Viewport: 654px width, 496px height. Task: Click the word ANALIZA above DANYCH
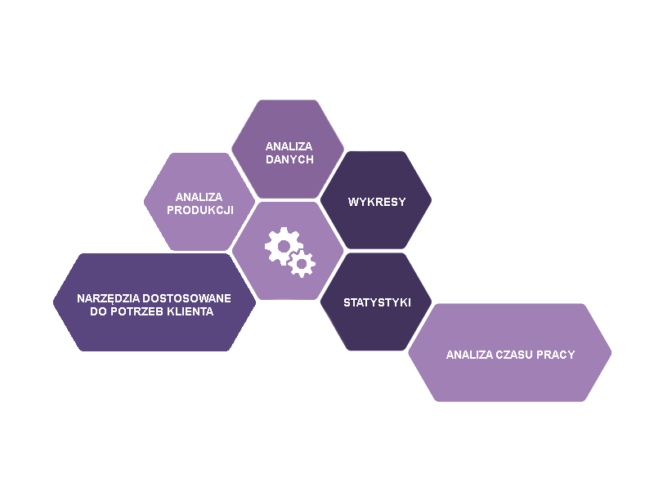[x=289, y=146]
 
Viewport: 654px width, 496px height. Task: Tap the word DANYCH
[x=289, y=159]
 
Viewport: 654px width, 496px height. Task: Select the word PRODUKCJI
[x=200, y=210]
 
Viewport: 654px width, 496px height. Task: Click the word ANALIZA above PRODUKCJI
[x=200, y=197]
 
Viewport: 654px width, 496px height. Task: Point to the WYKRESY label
[x=377, y=202]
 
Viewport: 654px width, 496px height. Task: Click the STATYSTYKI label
[x=377, y=303]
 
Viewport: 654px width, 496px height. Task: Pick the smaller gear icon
[x=302, y=263]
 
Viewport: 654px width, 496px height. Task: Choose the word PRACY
[x=557, y=355]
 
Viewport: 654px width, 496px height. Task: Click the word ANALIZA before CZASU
[x=469, y=355]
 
